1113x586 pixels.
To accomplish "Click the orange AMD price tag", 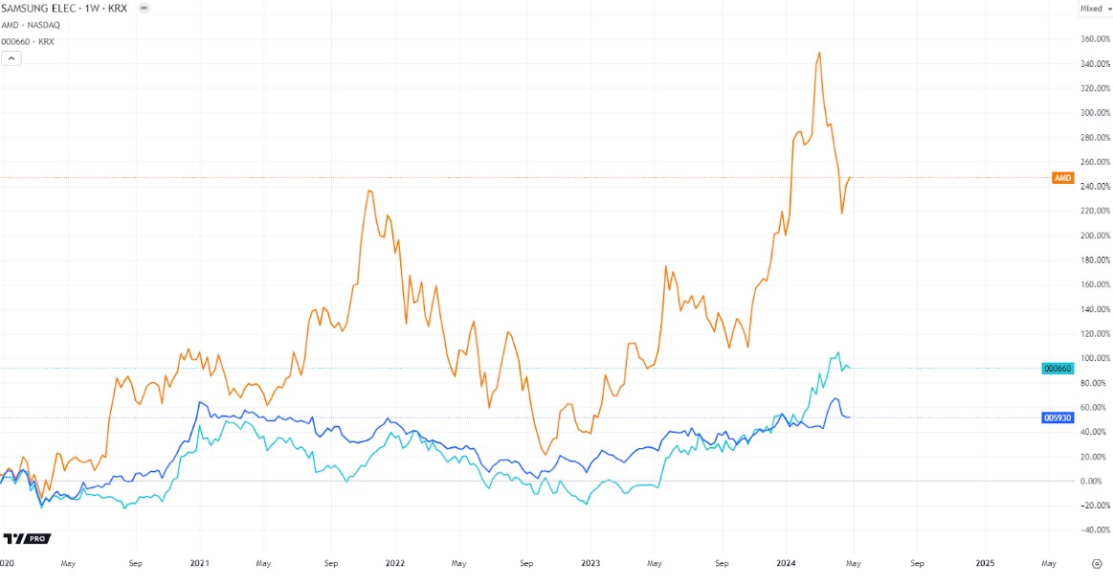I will click(1062, 178).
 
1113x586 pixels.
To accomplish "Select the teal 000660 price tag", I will click(1057, 369).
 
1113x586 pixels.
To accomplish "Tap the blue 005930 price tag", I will click(1057, 417).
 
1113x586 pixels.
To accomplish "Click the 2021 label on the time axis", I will click(200, 564).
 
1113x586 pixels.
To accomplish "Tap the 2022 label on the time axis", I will click(393, 564).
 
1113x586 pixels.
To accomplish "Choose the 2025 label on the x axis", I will click(985, 564).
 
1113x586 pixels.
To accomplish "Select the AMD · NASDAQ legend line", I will click(30, 25).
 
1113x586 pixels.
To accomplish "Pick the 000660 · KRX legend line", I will click(28, 41).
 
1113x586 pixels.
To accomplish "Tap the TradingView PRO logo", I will click(27, 539).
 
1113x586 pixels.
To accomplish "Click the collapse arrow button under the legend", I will click(12, 58).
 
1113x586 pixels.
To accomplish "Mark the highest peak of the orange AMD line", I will click(819, 53).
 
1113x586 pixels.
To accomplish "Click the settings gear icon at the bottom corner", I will click(1097, 564).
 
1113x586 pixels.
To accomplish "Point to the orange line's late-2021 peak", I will click(369, 191).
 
